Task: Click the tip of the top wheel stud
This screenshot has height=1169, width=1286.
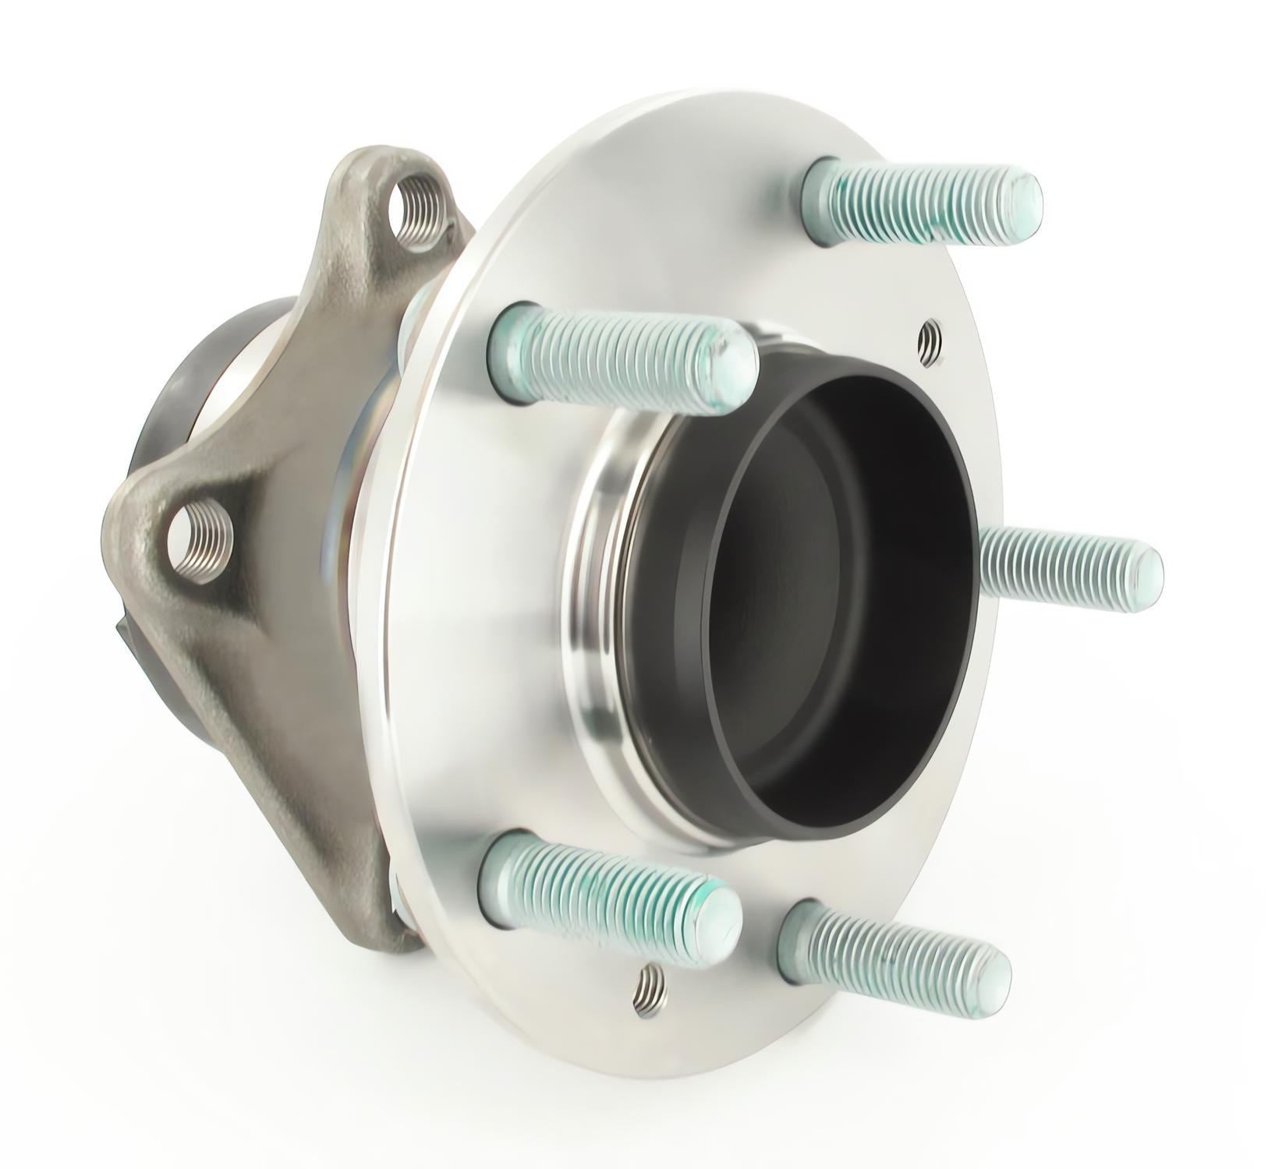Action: [1028, 199]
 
